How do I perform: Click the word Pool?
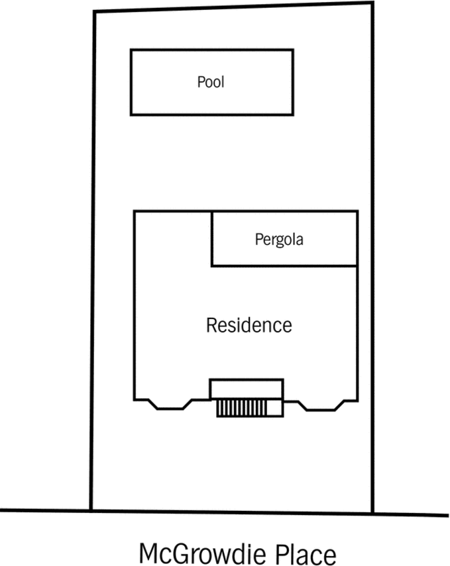[x=211, y=82]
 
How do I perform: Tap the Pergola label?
[x=279, y=240]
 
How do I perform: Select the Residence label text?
[x=249, y=325]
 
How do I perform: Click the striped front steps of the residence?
[x=242, y=408]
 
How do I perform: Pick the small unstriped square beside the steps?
[x=275, y=408]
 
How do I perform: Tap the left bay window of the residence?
[x=170, y=405]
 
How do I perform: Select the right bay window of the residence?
[x=321, y=405]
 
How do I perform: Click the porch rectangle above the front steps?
[x=247, y=389]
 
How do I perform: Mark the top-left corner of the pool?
[x=131, y=50]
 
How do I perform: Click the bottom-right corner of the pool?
[x=293, y=115]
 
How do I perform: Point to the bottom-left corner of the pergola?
[x=211, y=266]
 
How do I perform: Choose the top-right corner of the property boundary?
[x=372, y=3]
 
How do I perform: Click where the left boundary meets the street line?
[x=91, y=510]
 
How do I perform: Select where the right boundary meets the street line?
[x=372, y=513]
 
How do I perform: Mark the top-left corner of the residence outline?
[x=134, y=211]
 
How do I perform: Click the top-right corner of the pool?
[x=293, y=50]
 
